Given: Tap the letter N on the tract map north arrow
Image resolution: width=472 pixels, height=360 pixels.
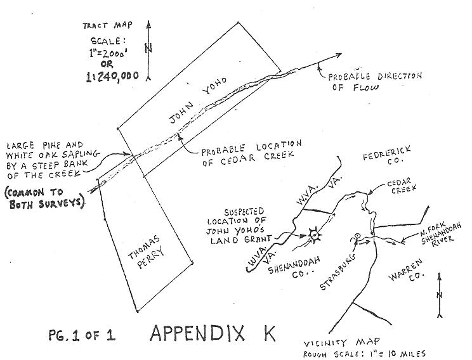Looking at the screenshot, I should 148,48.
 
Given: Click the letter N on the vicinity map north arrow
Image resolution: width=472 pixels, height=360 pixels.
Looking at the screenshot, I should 439,296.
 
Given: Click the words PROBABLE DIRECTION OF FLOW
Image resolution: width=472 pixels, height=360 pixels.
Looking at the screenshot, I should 374,82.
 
